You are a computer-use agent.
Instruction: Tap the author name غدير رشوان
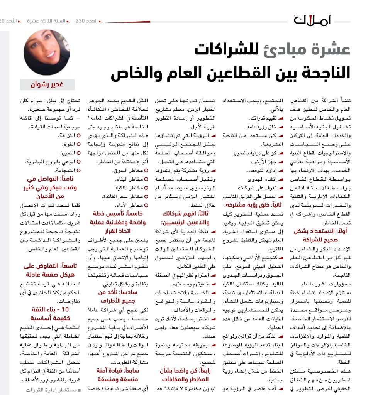point(47,85)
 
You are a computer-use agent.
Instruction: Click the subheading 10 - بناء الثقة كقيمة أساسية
point(47,314)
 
